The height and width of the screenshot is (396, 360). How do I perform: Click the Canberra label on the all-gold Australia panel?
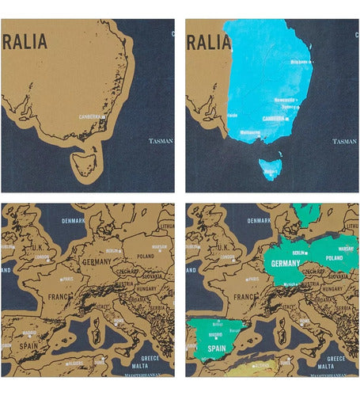click(91, 116)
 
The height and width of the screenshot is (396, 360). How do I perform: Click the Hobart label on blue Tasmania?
click(270, 169)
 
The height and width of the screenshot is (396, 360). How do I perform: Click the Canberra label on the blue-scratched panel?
click(273, 118)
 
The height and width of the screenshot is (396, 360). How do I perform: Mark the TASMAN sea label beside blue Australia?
click(344, 141)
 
